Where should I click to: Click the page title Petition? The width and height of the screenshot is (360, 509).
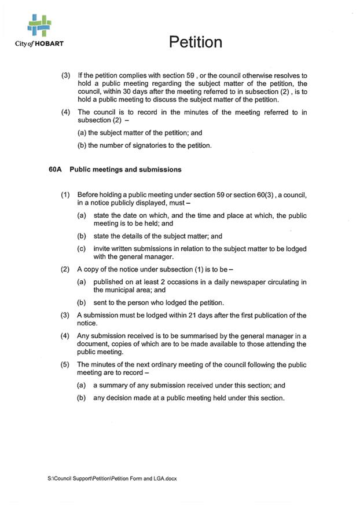tap(196, 42)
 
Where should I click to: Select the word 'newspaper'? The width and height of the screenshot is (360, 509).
tap(229, 282)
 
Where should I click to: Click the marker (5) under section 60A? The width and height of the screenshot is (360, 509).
tap(65, 365)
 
